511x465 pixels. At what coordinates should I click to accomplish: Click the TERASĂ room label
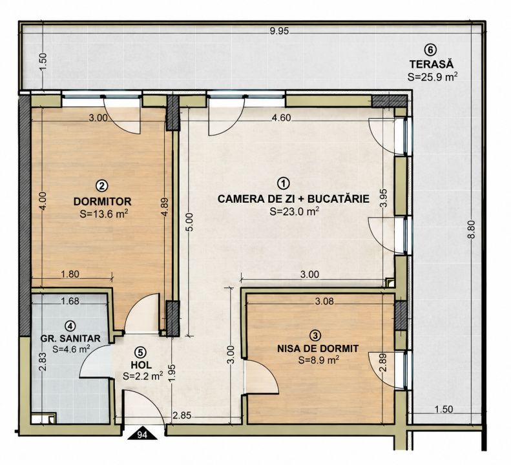pos(432,63)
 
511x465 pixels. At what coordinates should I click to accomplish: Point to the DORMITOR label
pos(102,201)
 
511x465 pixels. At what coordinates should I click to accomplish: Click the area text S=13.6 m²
pos(103,214)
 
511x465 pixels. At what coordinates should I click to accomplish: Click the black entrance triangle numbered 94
pos(142,435)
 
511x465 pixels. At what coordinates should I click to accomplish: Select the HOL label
pos(141,364)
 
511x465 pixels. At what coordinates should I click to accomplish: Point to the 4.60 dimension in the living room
pos(281,118)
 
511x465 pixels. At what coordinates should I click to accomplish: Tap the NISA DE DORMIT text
pos(318,348)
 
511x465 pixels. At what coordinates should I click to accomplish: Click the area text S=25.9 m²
pos(432,77)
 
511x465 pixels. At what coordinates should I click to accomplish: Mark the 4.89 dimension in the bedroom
pos(165,207)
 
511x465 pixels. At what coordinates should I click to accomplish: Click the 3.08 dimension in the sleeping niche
pos(324,302)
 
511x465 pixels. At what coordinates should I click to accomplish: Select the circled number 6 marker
pos(430,50)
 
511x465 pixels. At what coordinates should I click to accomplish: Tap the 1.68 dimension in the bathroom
pos(70,301)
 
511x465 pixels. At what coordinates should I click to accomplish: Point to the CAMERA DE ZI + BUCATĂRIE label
pos(294,198)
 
